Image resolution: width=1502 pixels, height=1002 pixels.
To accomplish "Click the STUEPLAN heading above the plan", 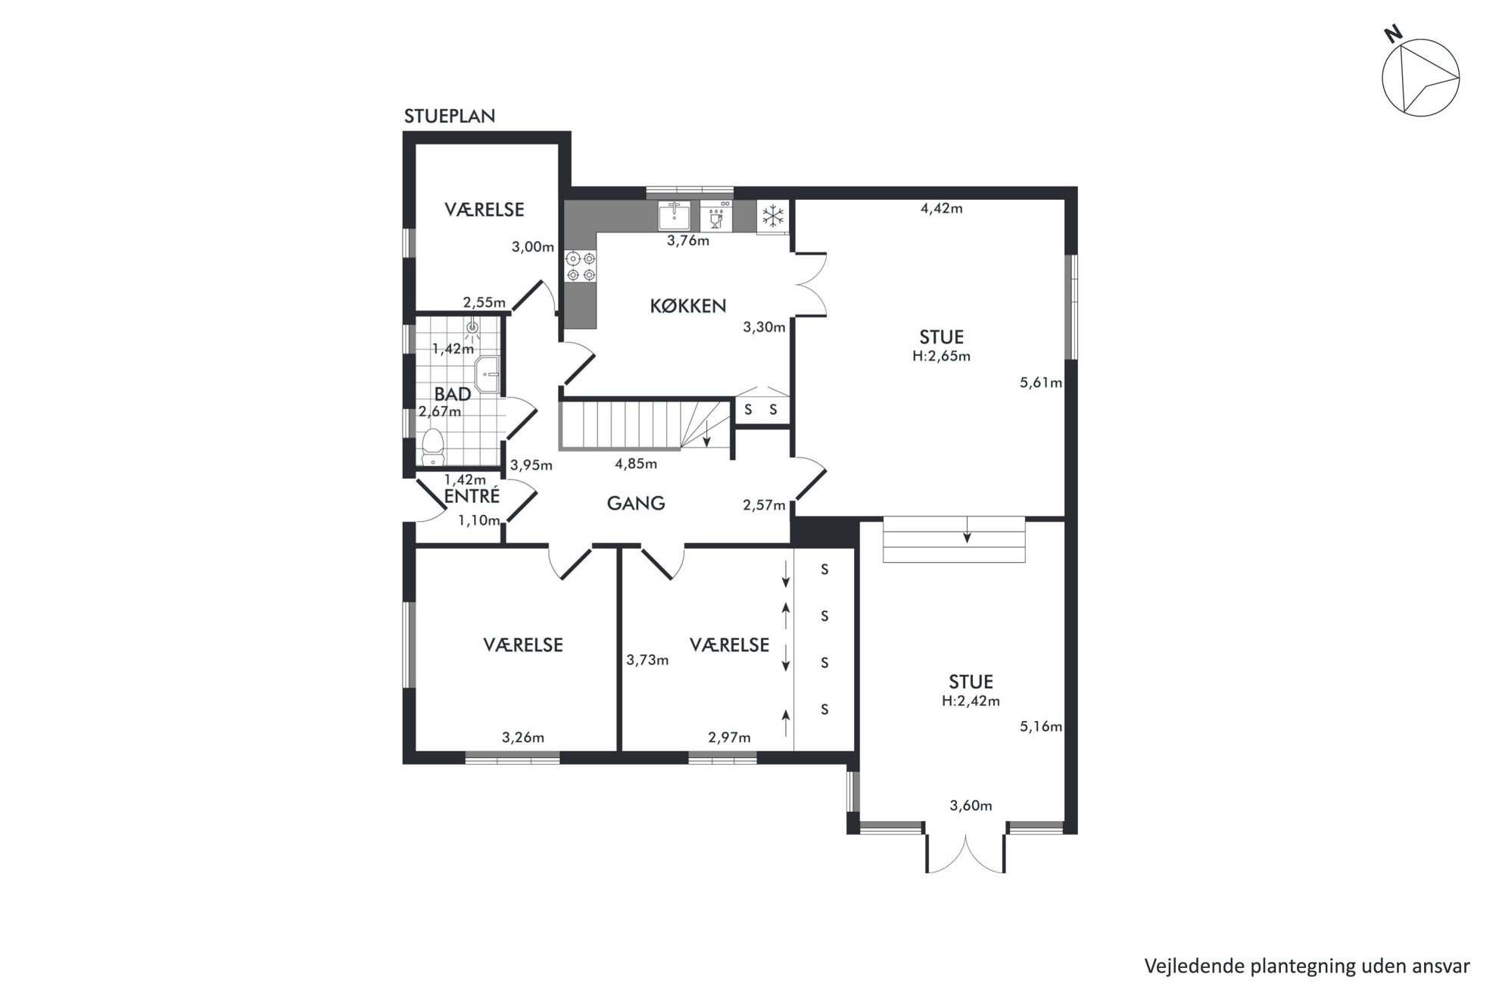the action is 450,116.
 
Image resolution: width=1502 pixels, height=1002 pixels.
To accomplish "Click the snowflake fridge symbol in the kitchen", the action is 772,217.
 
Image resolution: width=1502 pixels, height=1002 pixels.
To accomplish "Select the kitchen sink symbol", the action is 674,216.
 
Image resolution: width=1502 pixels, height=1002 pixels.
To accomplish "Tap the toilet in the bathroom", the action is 433,448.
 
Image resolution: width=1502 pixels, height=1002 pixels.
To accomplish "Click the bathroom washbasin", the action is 488,375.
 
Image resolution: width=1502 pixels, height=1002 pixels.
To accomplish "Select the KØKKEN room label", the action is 688,306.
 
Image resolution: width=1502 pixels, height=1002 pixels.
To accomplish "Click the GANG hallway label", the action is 636,503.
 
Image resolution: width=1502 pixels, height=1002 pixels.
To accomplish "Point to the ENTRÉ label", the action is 472,496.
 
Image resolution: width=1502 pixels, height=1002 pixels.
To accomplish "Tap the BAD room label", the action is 453,394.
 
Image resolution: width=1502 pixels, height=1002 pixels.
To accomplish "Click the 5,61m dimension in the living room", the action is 1041,382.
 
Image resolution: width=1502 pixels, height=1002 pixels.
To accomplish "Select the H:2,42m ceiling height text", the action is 971,701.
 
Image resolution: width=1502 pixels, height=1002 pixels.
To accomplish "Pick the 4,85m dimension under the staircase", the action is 636,464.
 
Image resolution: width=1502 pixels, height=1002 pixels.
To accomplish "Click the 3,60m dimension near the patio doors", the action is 971,806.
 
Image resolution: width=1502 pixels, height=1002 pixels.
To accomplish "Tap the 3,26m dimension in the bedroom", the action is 523,738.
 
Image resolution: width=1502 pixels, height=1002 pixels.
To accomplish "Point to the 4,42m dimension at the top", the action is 942,208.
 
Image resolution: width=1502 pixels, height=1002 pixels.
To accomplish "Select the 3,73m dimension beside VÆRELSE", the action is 647,660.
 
